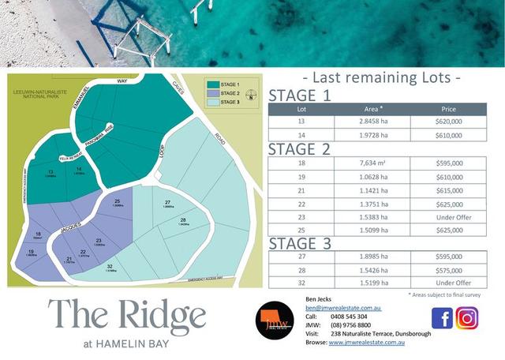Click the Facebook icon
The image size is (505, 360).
click(442, 317)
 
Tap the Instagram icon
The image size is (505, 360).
click(467, 317)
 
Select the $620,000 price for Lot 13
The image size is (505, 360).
click(448, 122)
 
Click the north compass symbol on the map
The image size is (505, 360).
click(251, 97)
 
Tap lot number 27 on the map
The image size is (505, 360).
click(168, 203)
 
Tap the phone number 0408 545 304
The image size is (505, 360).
click(347, 315)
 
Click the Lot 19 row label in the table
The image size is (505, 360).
click(301, 176)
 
